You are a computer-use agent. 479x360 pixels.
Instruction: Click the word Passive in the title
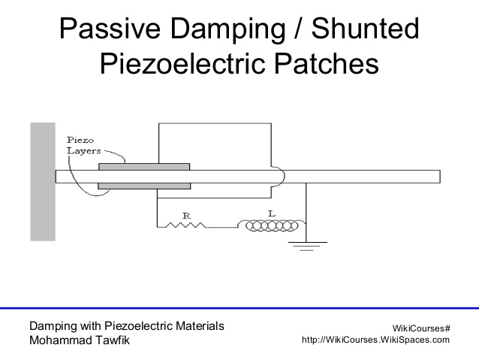point(111,29)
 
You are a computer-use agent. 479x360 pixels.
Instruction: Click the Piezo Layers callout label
point(82,144)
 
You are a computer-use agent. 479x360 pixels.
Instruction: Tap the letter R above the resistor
point(187,216)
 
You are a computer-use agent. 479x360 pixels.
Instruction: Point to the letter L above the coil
point(272,214)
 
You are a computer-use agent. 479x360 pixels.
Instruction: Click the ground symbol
point(306,245)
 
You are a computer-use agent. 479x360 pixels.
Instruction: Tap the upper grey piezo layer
point(143,167)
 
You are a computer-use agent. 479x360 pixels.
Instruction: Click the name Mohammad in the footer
point(65,340)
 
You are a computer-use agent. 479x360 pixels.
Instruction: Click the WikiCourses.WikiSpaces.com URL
point(375,340)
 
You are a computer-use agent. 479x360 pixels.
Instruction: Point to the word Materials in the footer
point(197,326)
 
